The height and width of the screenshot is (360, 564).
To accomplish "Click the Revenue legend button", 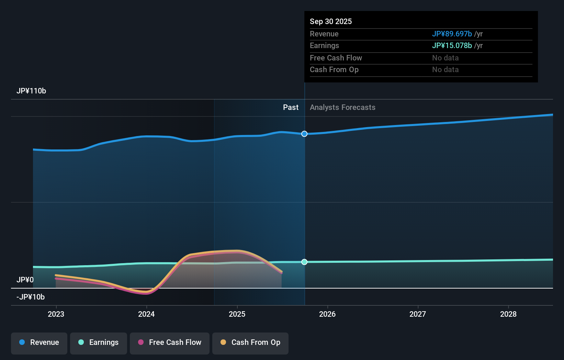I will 39,342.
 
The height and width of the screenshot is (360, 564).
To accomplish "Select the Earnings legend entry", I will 99,342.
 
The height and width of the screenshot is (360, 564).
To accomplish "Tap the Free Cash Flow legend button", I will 170,342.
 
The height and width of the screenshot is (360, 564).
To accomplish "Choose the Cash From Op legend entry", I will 250,342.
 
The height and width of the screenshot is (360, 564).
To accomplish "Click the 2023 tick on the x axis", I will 56,314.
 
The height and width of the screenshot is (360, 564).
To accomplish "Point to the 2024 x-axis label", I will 146,314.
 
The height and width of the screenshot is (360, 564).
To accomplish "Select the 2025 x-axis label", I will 237,314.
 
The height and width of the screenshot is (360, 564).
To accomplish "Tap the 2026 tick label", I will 327,314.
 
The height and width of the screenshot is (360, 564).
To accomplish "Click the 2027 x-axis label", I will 418,314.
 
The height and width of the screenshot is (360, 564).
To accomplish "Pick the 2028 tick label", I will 508,314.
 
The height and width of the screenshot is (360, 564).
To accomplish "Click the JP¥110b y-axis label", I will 31,91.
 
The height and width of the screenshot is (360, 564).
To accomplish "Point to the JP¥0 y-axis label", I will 25,280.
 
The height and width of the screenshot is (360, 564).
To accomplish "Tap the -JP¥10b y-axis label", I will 31,297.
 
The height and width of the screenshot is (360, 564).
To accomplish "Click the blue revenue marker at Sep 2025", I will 304,134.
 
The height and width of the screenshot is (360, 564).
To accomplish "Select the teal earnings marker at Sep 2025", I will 304,262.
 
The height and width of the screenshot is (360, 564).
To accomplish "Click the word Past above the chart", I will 291,108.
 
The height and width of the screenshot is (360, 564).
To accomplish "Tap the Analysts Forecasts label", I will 342,108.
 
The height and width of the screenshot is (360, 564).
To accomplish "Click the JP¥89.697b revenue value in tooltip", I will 452,34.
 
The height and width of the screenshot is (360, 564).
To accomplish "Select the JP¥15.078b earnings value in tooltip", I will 452,46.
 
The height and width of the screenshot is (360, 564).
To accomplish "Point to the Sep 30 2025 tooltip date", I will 331,22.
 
